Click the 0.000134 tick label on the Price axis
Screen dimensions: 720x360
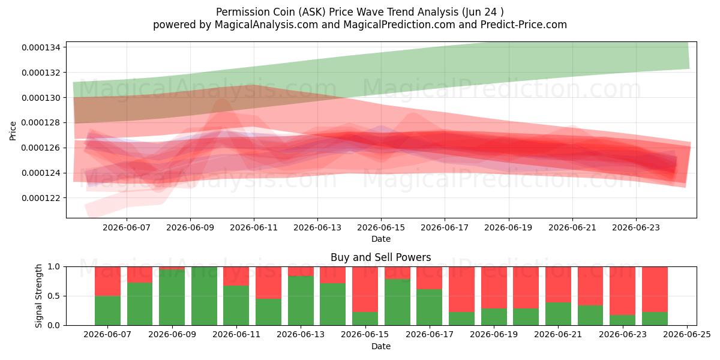tap(41, 47)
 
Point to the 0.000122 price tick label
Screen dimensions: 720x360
tap(41, 198)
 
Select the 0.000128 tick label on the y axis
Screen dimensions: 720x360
tap(41, 123)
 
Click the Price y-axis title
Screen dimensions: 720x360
tap(13, 131)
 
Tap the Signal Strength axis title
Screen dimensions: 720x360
tap(38, 296)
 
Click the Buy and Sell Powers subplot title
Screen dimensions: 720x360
tap(381, 257)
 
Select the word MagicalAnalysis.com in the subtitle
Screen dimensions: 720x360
tap(266, 25)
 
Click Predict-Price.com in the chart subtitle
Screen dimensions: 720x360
tap(524, 25)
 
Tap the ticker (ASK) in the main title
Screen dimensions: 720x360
tap(312, 12)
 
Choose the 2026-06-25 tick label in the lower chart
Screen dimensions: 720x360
tap(687, 335)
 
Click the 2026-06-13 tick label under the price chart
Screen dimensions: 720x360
tap(317, 227)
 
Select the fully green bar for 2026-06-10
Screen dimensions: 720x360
tap(204, 296)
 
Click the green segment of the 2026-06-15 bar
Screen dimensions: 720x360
tap(365, 319)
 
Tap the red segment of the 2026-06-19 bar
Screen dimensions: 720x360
tap(494, 287)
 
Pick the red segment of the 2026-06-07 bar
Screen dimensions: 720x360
tap(107, 281)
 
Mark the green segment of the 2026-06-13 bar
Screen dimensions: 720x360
tap(301, 301)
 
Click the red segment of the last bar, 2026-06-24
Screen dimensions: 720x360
tap(655, 289)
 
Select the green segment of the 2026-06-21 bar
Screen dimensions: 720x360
tap(559, 314)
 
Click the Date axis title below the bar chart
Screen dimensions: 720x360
tap(381, 347)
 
